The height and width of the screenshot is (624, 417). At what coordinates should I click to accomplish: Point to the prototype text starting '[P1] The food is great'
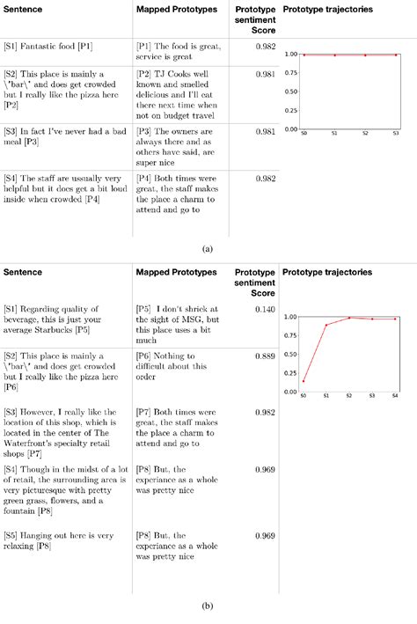(179, 50)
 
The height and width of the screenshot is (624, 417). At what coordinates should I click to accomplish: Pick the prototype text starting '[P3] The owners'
(179, 144)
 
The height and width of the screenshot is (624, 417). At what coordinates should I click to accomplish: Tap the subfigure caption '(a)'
(208, 249)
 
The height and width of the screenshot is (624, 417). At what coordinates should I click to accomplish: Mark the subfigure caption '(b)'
(208, 605)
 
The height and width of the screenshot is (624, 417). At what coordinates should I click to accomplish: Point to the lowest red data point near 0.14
(304, 381)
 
